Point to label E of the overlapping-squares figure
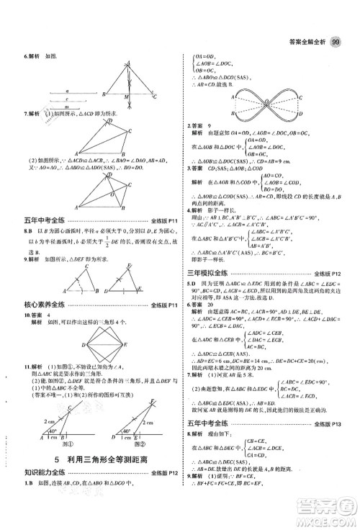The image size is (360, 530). (129, 345)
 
